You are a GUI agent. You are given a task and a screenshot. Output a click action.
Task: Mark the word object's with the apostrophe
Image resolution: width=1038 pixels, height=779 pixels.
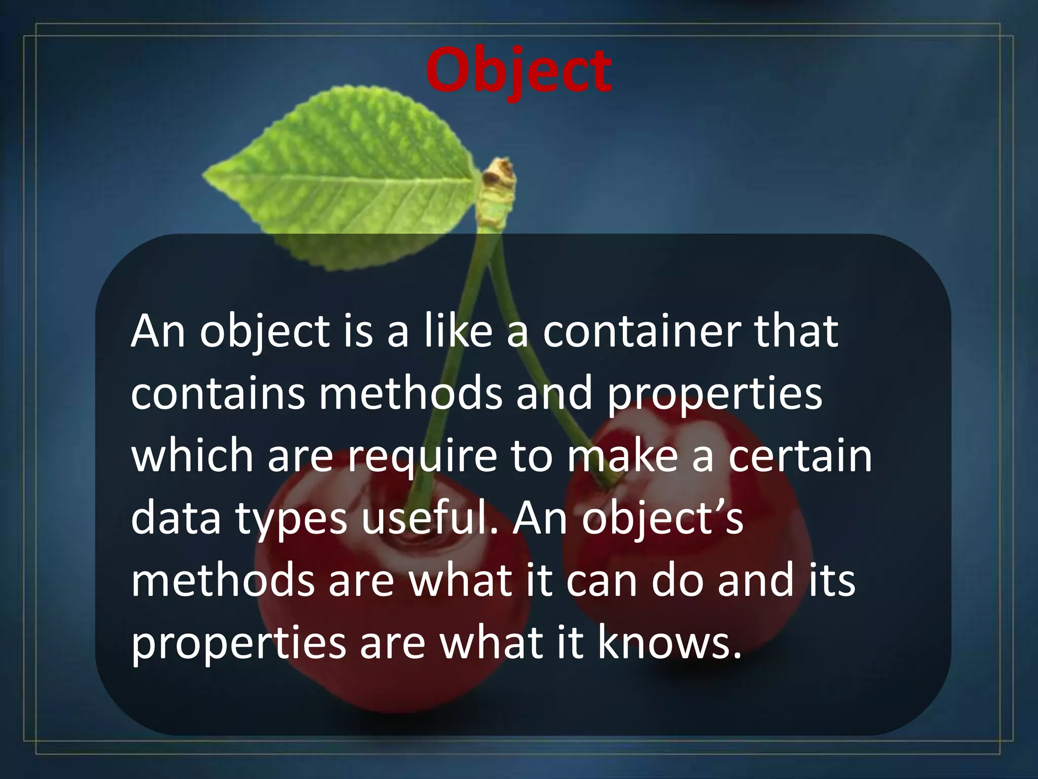click(662, 518)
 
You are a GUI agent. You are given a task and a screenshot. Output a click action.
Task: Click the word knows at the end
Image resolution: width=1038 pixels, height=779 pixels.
click(670, 643)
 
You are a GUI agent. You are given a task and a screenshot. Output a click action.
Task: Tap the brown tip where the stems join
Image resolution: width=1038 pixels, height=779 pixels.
click(499, 175)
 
